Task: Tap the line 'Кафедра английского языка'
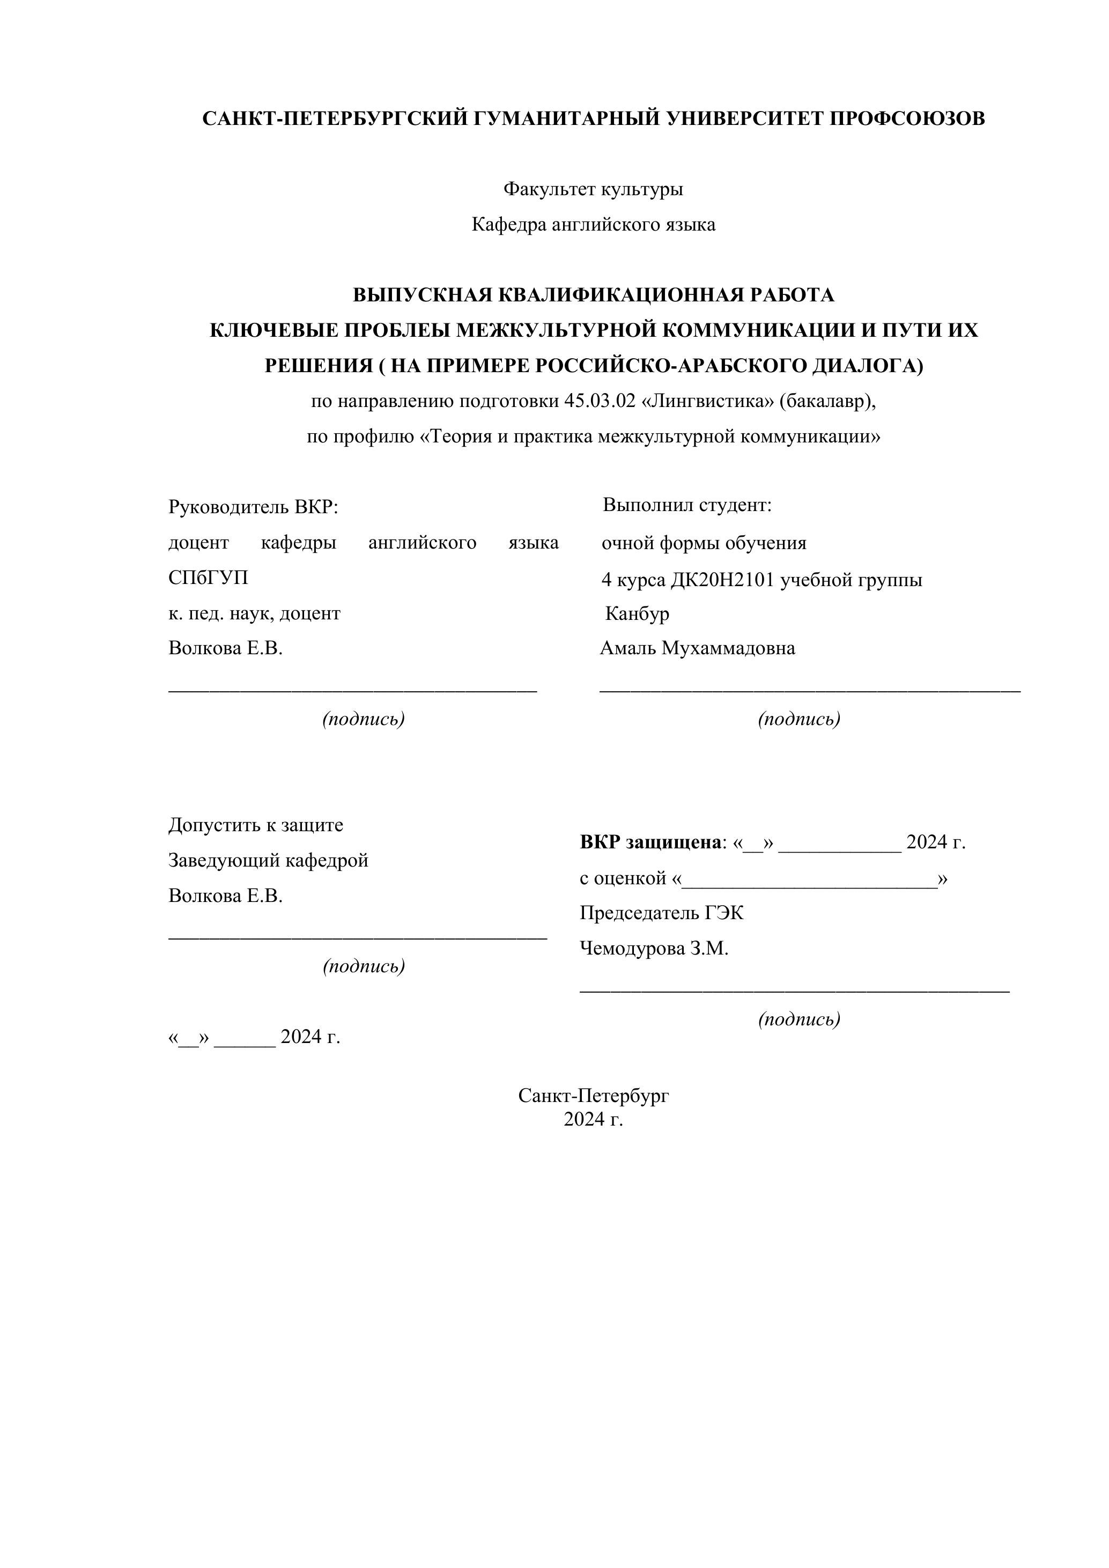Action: pyautogui.click(x=593, y=224)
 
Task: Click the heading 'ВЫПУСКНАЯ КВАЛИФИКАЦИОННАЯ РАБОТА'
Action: pyautogui.click(x=593, y=295)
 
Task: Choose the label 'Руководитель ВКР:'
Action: pyautogui.click(x=253, y=507)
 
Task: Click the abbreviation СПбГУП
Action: pyautogui.click(x=208, y=578)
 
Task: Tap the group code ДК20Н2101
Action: pyautogui.click(x=722, y=580)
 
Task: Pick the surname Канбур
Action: pyautogui.click(x=637, y=613)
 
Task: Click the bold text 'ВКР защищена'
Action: pyautogui.click(x=650, y=842)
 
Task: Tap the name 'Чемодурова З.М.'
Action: pyautogui.click(x=654, y=948)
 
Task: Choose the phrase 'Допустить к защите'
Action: pyautogui.click(x=255, y=825)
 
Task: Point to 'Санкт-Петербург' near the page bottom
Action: pyautogui.click(x=593, y=1096)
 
